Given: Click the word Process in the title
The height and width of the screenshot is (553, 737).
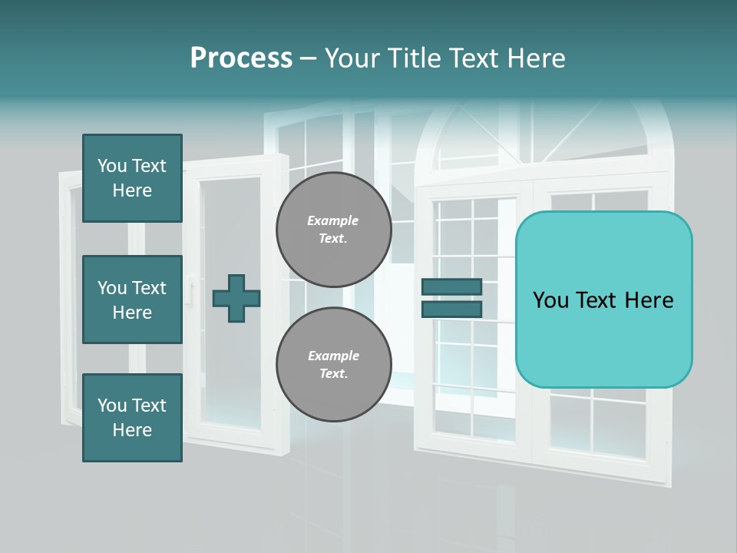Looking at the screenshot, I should click(241, 58).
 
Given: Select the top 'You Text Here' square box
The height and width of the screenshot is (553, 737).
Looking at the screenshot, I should click(132, 178).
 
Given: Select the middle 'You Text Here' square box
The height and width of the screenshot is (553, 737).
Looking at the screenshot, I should click(132, 300).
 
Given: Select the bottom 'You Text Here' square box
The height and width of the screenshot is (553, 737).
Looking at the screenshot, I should click(132, 418).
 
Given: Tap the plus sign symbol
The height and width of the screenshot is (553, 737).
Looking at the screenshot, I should click(236, 298).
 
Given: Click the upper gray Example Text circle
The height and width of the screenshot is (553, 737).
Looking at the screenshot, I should click(334, 230).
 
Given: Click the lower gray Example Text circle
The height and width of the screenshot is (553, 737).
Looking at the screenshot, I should click(334, 365).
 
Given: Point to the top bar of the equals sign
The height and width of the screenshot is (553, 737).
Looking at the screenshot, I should click(451, 287).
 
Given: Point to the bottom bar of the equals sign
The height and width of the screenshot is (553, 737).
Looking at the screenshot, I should click(451, 310).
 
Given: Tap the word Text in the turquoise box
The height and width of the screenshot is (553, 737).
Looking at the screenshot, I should click(603, 300).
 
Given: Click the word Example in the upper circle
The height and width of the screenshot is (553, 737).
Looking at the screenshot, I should click(333, 221).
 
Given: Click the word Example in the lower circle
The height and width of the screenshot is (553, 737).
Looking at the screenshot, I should click(333, 356).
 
